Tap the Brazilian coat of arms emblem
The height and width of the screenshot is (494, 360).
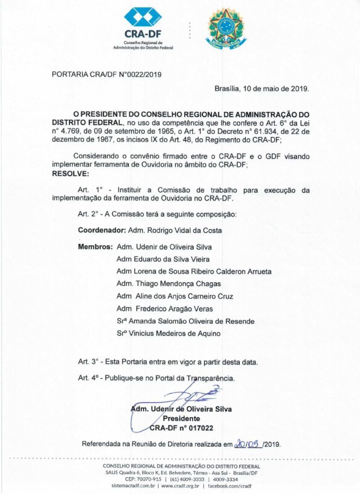pyautogui.click(x=225, y=27)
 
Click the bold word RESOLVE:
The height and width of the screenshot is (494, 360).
pyautogui.click(x=70, y=173)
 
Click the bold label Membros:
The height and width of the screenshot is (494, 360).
pyautogui.click(x=96, y=247)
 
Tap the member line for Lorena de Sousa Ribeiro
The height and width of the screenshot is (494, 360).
pyautogui.click(x=194, y=272)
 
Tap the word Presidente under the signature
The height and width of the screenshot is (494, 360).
pyautogui.click(x=181, y=418)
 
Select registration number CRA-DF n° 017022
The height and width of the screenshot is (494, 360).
pyautogui.click(x=181, y=427)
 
